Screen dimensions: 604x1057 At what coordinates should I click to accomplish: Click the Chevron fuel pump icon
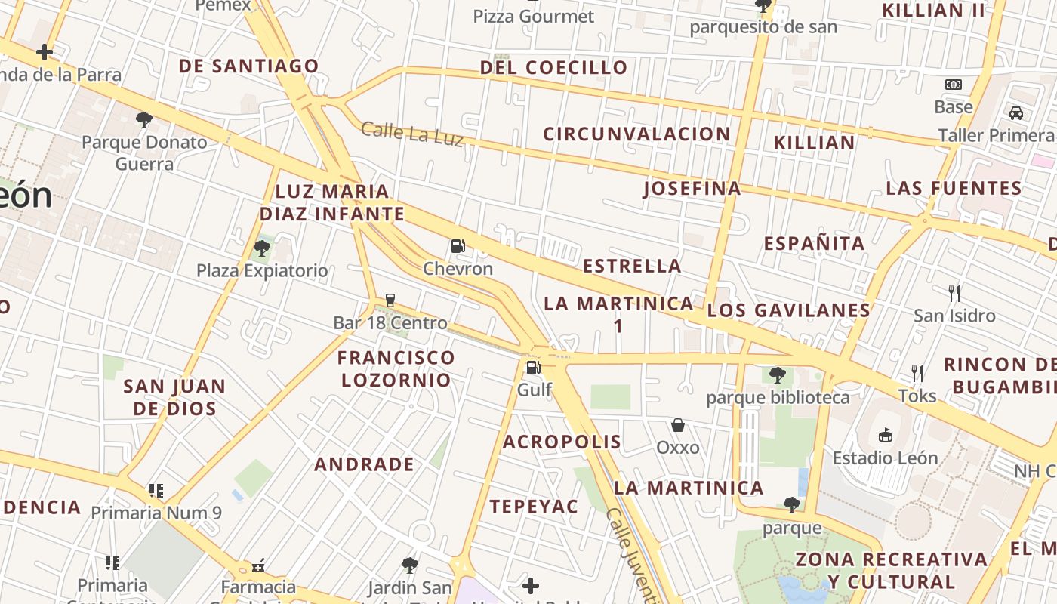point(458,245)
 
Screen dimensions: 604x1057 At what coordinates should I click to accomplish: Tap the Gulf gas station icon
point(534,368)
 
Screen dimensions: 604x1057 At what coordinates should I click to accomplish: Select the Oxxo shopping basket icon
point(678,425)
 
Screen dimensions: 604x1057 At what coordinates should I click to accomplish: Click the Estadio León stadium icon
point(885,435)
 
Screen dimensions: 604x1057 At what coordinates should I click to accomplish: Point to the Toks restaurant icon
point(917,373)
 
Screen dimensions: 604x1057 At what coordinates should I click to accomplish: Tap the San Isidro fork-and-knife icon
point(954,293)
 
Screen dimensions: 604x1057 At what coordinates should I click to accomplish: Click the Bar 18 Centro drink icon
point(390,300)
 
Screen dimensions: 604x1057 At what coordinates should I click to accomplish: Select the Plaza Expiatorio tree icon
point(262,248)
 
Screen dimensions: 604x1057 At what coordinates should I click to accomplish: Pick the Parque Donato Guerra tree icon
point(143,119)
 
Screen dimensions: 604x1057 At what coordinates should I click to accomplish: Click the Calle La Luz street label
point(412,134)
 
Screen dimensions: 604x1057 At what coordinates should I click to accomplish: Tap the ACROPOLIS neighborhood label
point(562,442)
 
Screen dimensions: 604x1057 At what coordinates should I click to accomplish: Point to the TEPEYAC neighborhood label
point(534,507)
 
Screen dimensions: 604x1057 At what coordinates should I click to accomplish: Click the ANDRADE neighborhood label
point(364,464)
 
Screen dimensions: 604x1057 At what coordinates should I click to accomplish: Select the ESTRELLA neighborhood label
point(632,266)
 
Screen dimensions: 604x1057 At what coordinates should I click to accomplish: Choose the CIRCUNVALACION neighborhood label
point(636,134)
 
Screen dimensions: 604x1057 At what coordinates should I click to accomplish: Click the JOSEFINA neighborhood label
point(692,188)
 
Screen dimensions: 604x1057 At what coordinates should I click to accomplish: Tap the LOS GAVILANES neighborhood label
point(789,310)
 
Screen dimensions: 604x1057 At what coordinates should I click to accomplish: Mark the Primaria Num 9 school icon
point(156,491)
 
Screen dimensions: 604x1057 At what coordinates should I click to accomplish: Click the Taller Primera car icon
point(1015,113)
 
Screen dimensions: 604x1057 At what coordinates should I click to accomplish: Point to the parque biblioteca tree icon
point(777,374)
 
